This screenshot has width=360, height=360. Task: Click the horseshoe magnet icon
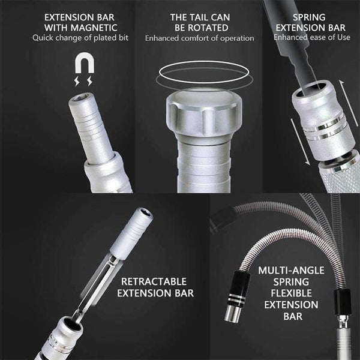point(85,62)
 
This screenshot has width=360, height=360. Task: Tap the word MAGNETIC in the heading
point(94,28)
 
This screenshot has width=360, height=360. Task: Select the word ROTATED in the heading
point(202,28)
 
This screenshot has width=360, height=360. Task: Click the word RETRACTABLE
point(154,281)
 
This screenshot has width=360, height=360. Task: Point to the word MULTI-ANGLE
point(291,270)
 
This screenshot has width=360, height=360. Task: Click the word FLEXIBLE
point(291,293)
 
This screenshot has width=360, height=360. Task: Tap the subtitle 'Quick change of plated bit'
point(80,38)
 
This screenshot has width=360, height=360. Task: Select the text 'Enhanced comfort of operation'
point(200,38)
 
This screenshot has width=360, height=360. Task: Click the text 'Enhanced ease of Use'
point(312,37)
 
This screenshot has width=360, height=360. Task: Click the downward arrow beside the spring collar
point(300,142)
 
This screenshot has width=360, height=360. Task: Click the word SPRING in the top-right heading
point(309,17)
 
